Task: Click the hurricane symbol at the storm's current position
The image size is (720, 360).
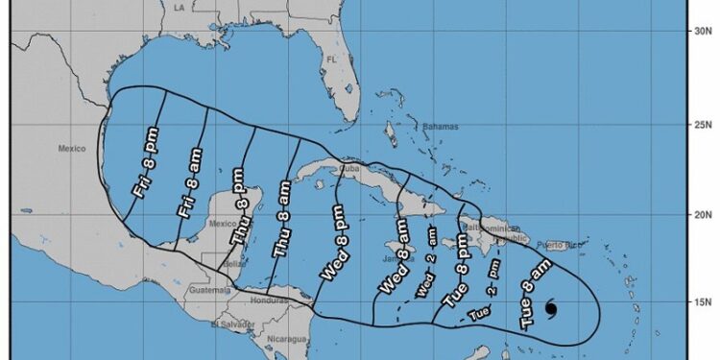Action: tap(551, 308)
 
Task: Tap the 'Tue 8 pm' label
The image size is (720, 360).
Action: tap(460, 276)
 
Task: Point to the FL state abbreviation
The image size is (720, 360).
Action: tap(332, 60)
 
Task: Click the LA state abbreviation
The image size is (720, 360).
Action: tap(178, 8)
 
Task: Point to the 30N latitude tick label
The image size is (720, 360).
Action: tap(701, 32)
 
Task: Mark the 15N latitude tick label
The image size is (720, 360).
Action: tap(701, 302)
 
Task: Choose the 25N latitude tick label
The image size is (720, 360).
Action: tap(701, 124)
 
